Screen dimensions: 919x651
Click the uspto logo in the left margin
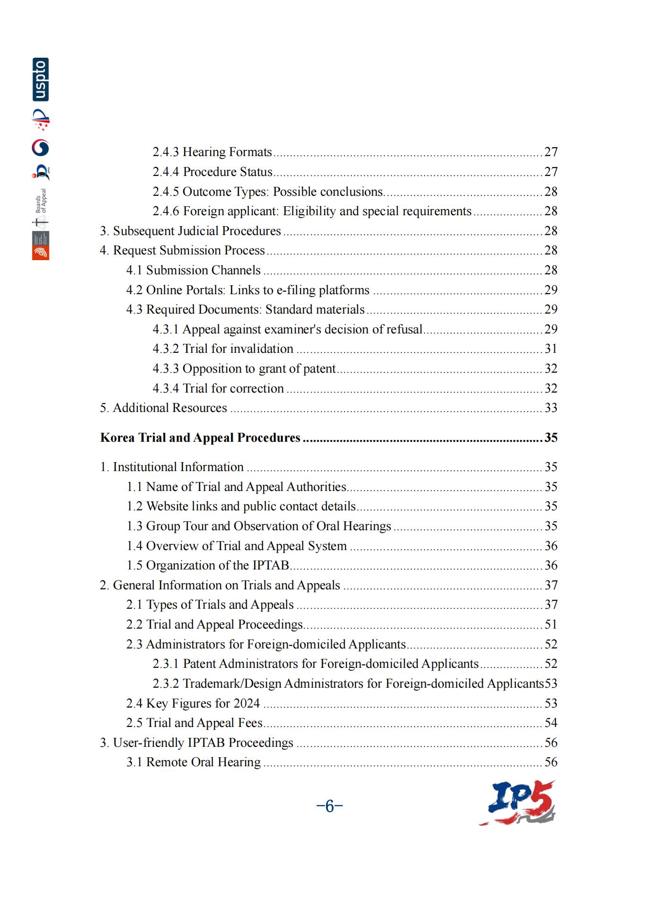click(41, 79)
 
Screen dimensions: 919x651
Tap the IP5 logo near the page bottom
click(518, 803)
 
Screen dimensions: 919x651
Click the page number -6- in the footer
click(329, 806)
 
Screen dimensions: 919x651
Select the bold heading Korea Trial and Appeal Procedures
click(200, 438)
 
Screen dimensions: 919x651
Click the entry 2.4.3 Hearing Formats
click(212, 152)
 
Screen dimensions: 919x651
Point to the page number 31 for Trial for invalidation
click(551, 349)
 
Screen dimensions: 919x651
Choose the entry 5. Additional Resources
click(163, 408)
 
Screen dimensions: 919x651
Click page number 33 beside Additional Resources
click(551, 408)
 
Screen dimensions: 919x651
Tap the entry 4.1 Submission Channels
click(193, 270)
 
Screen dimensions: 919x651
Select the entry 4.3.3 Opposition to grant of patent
click(244, 368)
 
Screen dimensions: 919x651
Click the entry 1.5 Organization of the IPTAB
click(208, 565)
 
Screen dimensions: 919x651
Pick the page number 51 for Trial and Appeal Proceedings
click(551, 624)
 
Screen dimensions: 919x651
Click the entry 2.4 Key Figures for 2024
click(193, 703)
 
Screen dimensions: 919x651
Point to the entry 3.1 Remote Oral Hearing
click(193, 762)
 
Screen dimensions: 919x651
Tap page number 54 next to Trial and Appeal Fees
click(551, 723)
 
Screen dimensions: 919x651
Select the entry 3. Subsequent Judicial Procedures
click(190, 231)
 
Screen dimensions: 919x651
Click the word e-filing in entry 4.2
click(296, 290)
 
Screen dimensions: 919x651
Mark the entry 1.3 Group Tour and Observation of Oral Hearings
click(258, 526)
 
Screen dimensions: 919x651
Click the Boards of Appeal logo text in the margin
click(42, 201)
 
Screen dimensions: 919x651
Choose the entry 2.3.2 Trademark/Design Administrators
click(348, 683)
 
